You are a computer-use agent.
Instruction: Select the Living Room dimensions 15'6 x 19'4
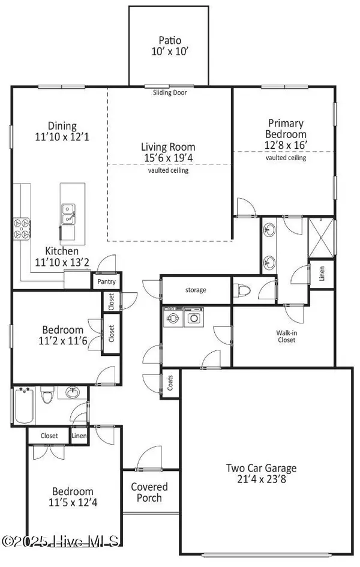pyautogui.click(x=168, y=158)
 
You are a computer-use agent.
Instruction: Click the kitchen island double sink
pyautogui.click(x=67, y=213)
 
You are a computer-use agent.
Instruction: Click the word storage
pyautogui.click(x=195, y=290)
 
